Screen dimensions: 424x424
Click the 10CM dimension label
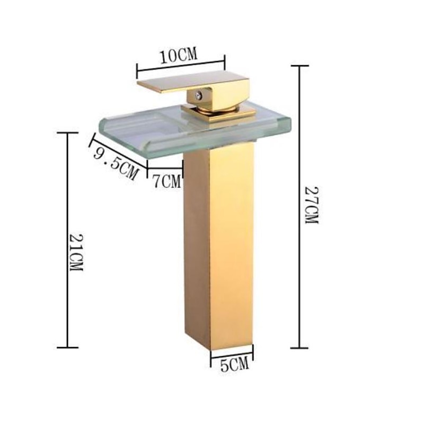click(179, 55)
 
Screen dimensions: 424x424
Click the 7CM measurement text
click(166, 182)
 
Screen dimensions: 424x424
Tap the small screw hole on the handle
click(199, 96)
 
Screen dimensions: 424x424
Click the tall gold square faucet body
click(219, 249)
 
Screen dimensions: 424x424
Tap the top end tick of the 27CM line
click(300, 66)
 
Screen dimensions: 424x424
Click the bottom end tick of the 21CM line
click(67, 347)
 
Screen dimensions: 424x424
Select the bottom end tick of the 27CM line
click(299, 348)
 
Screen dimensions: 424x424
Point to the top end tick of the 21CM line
click(67, 133)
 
